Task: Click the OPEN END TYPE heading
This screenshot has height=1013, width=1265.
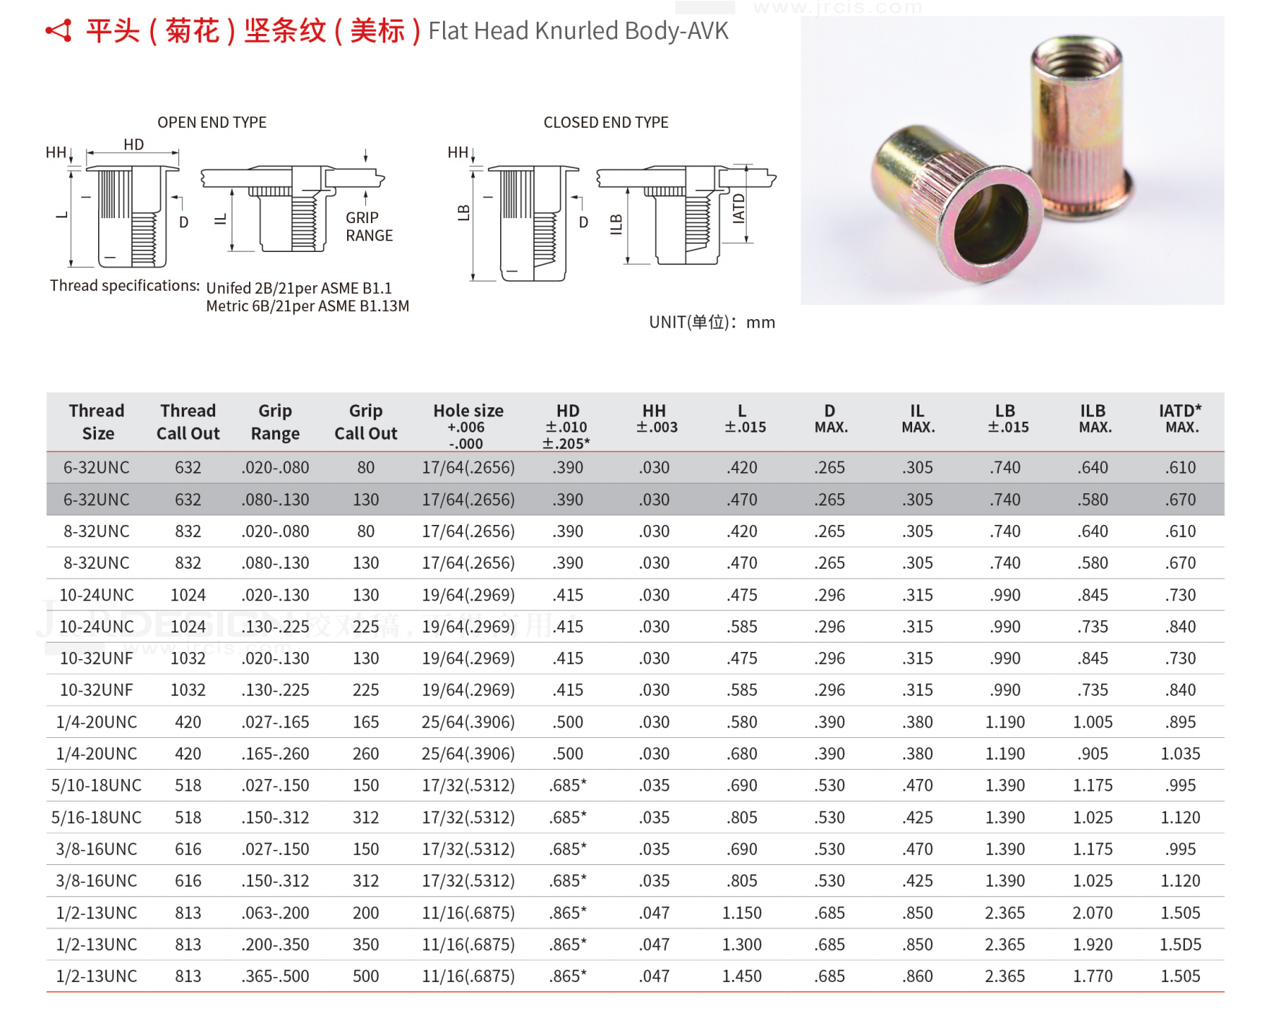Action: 211,122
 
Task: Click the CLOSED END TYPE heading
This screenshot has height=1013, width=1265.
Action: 605,122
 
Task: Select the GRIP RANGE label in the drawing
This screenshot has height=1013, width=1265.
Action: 368,227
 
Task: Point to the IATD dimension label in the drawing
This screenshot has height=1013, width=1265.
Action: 738,209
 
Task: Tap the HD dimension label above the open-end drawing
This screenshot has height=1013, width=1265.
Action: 133,144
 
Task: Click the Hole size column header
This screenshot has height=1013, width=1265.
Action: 468,411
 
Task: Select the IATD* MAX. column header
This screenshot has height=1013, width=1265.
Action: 1180,418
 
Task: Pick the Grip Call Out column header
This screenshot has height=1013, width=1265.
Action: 365,422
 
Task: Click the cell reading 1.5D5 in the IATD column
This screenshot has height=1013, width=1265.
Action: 1180,944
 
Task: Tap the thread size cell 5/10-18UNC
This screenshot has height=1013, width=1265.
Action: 96,786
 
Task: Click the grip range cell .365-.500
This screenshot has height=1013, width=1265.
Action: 275,976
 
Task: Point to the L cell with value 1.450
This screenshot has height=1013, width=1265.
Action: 741,976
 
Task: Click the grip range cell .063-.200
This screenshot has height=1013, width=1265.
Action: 275,913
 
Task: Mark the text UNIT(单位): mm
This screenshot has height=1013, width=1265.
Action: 712,322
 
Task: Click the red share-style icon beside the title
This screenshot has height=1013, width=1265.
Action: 59,31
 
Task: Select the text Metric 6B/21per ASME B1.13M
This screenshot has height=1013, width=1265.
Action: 307,306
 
